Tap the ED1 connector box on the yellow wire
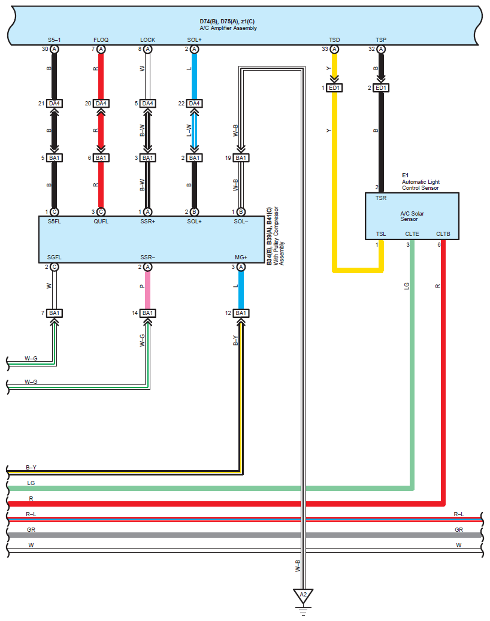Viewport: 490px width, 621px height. (334, 87)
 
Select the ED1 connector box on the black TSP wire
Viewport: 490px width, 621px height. (380, 87)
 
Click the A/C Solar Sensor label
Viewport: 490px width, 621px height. (412, 216)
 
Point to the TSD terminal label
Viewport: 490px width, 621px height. (334, 40)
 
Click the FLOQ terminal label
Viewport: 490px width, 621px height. (101, 40)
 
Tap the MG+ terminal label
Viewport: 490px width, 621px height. (241, 258)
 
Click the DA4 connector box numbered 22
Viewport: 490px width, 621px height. (194, 104)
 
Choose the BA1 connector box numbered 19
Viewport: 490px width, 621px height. (241, 157)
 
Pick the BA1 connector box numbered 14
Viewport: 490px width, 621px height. (147, 313)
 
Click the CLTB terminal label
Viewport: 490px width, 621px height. (443, 234)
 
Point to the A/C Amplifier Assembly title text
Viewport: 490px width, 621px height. (228, 28)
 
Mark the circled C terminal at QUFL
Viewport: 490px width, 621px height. (101, 212)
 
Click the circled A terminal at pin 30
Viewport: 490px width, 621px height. (55, 49)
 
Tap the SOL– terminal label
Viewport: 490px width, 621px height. (241, 222)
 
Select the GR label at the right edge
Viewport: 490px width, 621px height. (459, 529)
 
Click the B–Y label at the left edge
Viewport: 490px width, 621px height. (31, 467)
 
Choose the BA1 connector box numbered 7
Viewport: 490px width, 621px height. (55, 313)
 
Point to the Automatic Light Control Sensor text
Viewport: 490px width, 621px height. (421, 184)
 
